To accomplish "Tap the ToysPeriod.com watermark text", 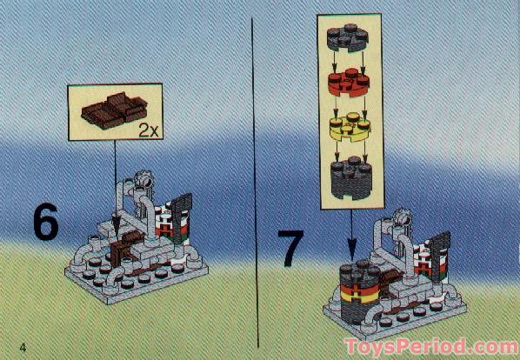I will pos(430,347).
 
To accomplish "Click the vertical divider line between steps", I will pos(252,174).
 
